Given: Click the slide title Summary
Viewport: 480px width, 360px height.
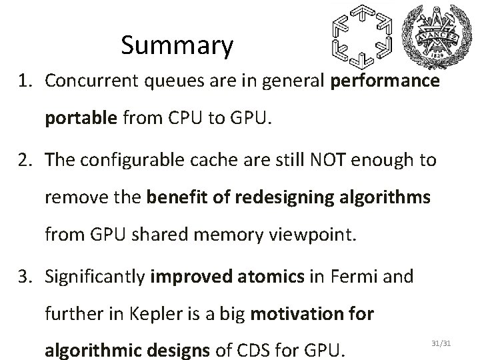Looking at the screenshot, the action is coord(177,45).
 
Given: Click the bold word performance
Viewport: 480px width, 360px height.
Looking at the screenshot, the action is coord(383,81).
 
